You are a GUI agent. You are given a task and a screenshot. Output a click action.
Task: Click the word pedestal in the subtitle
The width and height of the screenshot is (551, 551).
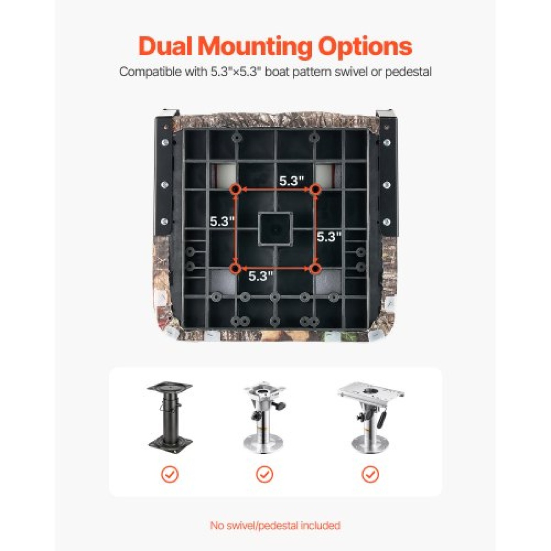(x=408, y=72)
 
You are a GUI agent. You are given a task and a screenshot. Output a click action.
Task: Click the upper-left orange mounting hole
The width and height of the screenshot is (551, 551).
(x=236, y=189)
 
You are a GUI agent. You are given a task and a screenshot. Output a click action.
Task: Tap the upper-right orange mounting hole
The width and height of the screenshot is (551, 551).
(x=315, y=189)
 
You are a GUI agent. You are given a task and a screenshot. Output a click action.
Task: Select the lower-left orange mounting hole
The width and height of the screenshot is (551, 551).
(x=236, y=269)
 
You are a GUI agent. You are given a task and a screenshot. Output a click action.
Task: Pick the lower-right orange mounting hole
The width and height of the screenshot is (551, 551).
(x=315, y=269)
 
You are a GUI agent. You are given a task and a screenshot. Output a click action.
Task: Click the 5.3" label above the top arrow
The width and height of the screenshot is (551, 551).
(x=292, y=181)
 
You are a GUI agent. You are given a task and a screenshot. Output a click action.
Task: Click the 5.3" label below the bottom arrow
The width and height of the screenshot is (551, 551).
(x=261, y=276)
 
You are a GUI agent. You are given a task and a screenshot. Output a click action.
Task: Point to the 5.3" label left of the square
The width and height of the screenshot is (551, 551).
(x=222, y=221)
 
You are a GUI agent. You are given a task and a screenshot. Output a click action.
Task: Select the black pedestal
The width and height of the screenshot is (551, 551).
(x=169, y=419)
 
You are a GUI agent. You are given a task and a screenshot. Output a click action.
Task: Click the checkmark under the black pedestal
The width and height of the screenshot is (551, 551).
(x=169, y=475)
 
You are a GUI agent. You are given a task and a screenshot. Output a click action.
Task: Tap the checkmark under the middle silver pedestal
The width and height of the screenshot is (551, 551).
(x=264, y=475)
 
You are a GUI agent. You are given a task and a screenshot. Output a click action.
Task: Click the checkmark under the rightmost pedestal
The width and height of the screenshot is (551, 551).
(x=370, y=475)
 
